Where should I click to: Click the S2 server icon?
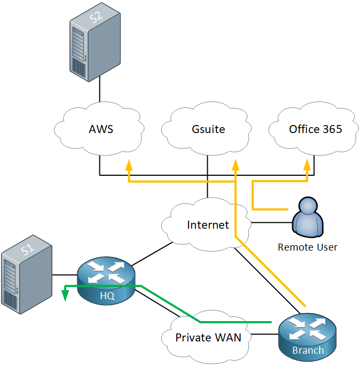tap(95, 42)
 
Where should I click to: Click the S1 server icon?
tap(27, 275)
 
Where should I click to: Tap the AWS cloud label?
tap(101, 129)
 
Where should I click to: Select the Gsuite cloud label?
tap(208, 129)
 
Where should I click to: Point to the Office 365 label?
tap(316, 129)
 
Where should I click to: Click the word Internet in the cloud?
tap(208, 225)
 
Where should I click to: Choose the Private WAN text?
tap(208, 338)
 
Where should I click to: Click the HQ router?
tap(106, 281)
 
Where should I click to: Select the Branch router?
tap(307, 338)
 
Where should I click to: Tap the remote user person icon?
tap(308, 217)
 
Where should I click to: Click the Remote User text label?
tap(308, 247)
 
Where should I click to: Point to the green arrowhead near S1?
tap(65, 295)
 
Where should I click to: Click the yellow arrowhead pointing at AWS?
tap(129, 165)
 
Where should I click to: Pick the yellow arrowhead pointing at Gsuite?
tap(236, 165)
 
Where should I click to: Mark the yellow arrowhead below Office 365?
tap(307, 165)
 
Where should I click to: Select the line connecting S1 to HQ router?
tap(65, 275)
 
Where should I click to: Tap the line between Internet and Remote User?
tap(272, 222)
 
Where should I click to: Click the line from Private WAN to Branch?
tap(265, 334)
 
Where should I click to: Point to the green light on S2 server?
tap(85, 60)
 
